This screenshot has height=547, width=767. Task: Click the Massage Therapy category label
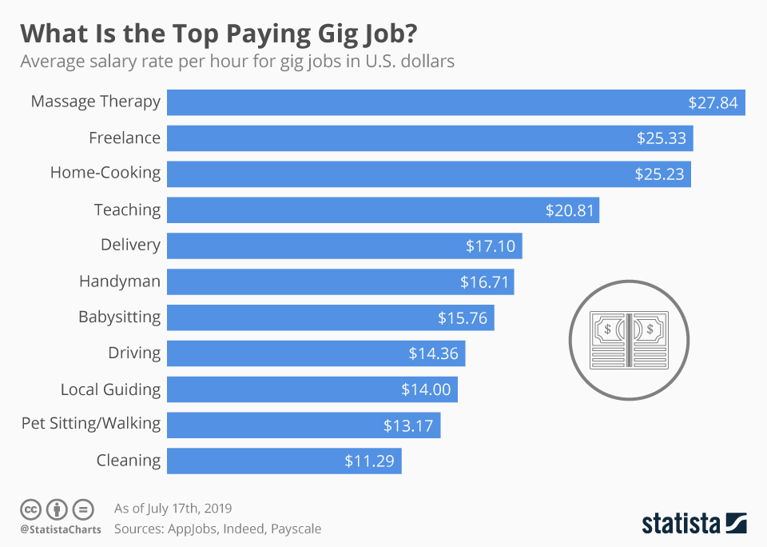tap(95, 102)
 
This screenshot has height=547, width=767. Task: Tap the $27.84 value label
tap(713, 103)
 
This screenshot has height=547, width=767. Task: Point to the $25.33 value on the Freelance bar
tap(661, 138)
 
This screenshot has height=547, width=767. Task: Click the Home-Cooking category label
tap(105, 173)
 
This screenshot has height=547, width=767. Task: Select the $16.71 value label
tap(484, 281)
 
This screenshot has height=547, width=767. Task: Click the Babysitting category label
tap(119, 317)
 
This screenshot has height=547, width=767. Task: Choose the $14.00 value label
tap(426, 389)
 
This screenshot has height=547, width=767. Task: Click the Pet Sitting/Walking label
tap(91, 423)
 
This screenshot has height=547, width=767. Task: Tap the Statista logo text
tap(679, 524)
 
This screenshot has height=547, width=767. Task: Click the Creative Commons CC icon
tap(30, 509)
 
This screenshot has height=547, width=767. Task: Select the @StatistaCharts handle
tap(61, 529)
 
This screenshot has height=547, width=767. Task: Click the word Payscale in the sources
tap(294, 529)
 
